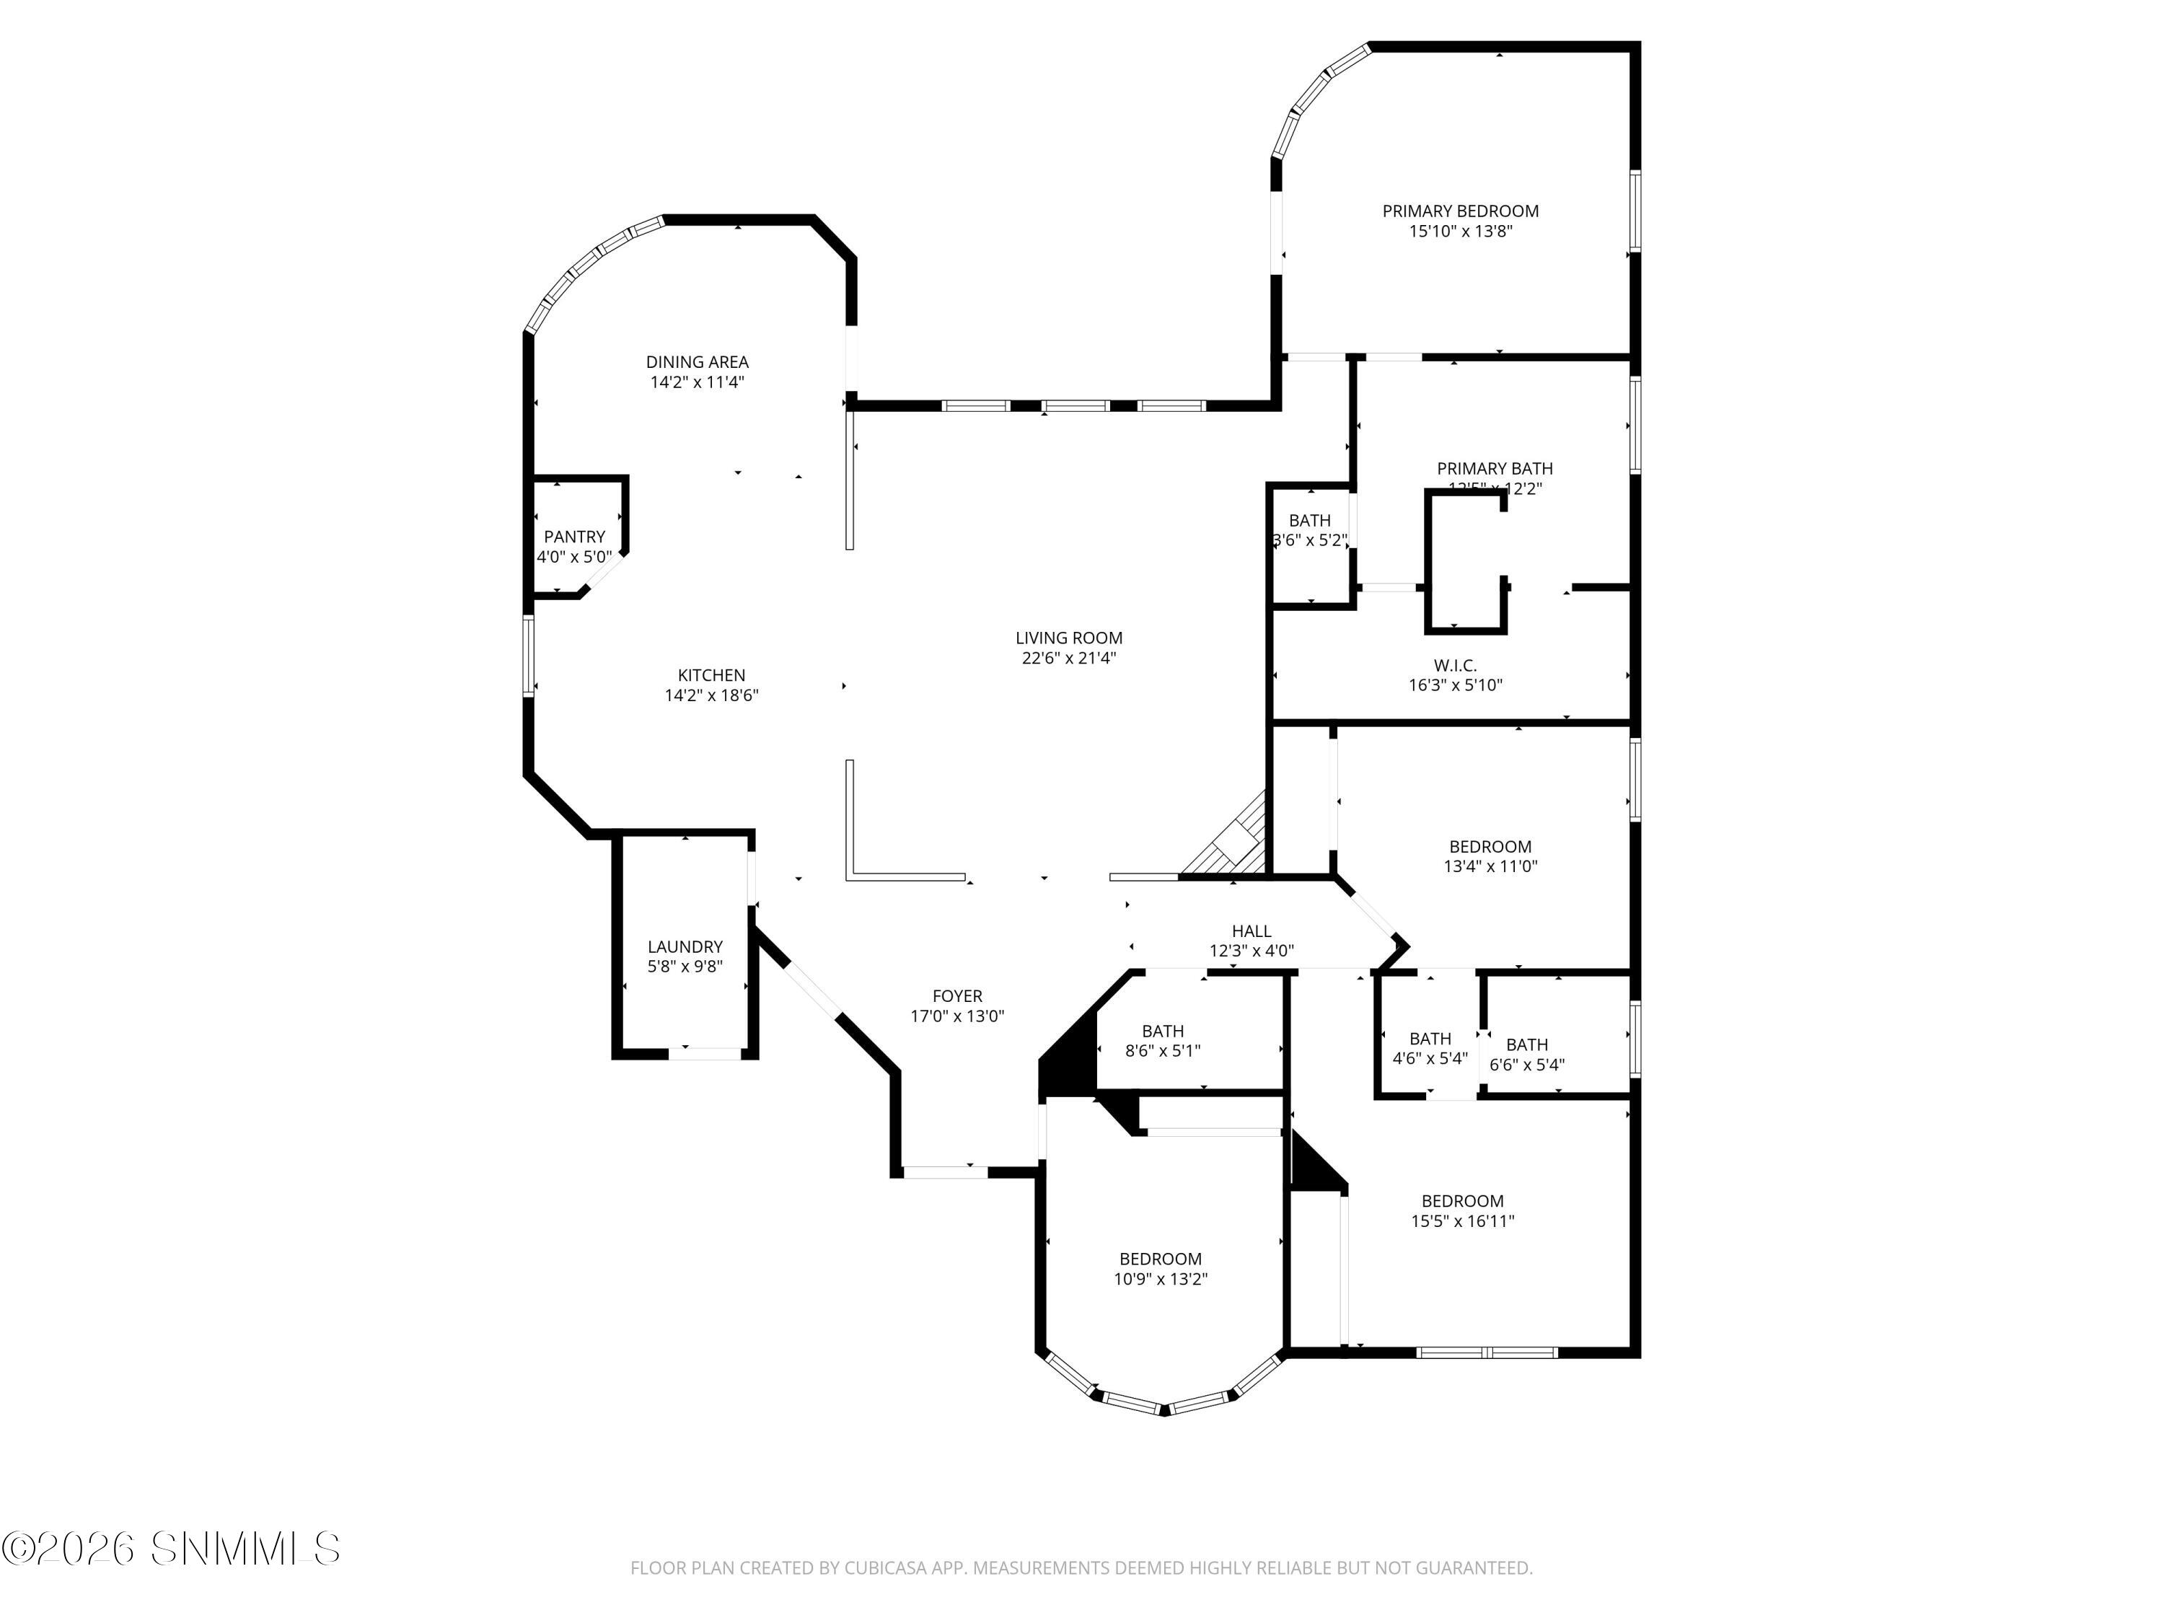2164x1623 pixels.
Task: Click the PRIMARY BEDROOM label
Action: coord(1460,211)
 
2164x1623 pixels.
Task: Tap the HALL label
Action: coord(1252,931)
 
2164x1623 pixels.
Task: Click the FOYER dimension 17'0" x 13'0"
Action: coord(956,1016)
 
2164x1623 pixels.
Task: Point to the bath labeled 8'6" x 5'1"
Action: coord(1162,1041)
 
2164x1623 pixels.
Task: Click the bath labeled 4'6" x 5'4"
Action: coord(1429,1048)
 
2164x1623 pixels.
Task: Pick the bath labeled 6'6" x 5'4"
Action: coord(1526,1055)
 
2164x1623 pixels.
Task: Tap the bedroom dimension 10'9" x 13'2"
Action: coord(1160,1280)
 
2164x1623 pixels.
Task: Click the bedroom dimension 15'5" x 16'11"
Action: coord(1461,1221)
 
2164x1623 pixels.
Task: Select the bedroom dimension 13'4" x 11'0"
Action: coord(1490,866)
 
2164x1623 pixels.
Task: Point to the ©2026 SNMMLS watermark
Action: coord(171,1549)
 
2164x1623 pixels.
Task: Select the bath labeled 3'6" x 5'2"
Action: coord(1309,530)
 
